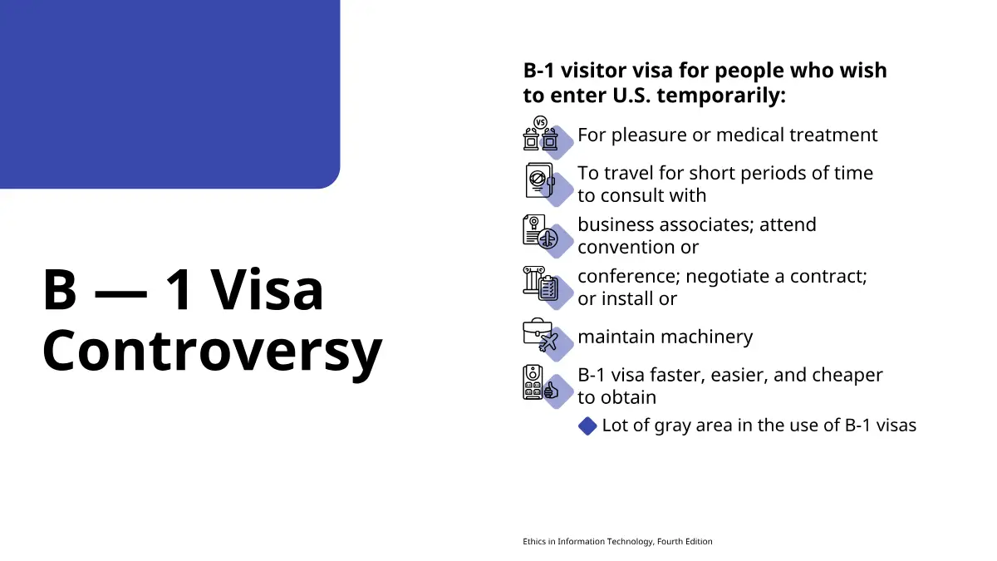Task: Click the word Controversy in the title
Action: coord(213,352)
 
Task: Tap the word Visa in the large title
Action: coord(267,290)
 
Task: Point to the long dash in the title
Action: coord(120,293)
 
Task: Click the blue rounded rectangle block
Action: coord(170,94)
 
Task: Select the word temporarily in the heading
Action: coord(721,96)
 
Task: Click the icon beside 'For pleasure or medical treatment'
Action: coord(541,133)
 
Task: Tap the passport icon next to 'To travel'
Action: coord(540,180)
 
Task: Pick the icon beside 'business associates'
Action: coord(540,232)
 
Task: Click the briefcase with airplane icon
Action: coord(540,335)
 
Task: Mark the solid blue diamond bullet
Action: coord(587,426)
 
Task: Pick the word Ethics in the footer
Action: coord(534,541)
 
